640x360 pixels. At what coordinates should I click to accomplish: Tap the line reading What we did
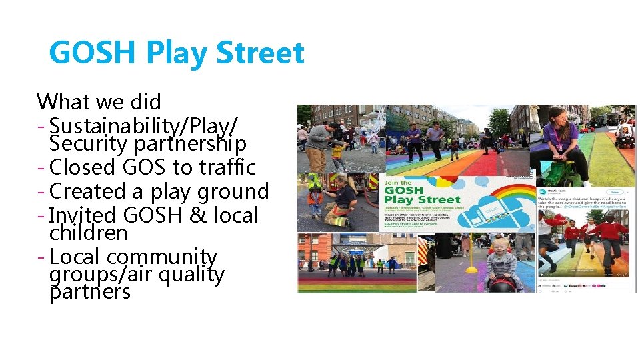pos(99,102)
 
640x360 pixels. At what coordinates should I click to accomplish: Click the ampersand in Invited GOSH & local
pos(195,215)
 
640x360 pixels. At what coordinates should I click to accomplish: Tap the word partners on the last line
pos(90,291)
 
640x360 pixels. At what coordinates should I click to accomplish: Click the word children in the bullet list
pos(88,233)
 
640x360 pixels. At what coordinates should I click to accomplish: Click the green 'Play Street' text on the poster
pos(422,199)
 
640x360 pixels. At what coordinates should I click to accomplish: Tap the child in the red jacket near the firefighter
pos(315,197)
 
